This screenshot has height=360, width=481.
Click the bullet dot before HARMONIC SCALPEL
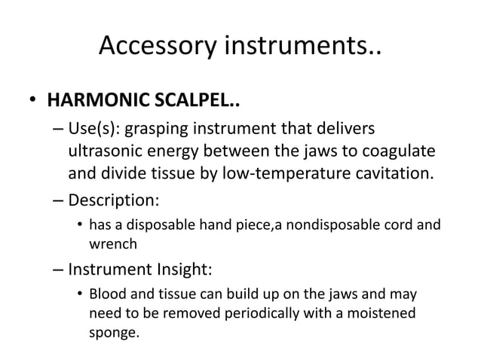click(33, 102)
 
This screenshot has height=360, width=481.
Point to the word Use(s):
click(97, 126)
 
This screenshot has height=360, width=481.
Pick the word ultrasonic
click(110, 151)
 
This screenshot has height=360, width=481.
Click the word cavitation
click(397, 175)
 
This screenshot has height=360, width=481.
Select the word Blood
click(107, 292)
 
